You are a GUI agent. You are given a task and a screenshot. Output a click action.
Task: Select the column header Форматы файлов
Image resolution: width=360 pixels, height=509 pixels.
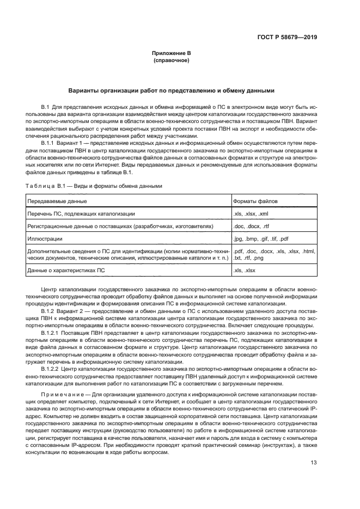[x=255, y=201]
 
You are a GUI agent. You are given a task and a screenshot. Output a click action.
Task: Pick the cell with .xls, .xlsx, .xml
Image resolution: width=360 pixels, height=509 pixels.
[x=251, y=214]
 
